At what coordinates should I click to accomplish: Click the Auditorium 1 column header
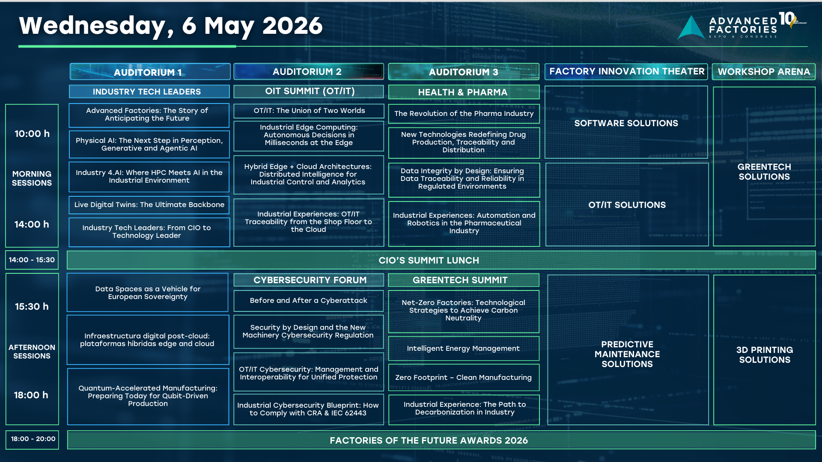point(150,72)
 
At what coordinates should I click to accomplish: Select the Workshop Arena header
point(764,71)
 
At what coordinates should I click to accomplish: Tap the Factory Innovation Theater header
point(626,71)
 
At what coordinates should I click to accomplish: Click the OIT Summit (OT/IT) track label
point(309,91)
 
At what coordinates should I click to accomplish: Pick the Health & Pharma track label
point(464,92)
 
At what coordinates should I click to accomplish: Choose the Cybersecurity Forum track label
point(309,280)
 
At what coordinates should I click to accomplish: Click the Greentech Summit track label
point(464,280)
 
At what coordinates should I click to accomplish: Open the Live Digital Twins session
point(149,205)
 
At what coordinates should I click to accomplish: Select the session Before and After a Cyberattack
point(309,301)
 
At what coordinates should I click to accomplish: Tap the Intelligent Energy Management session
point(464,349)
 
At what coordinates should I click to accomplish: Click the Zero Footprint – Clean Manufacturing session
point(464,378)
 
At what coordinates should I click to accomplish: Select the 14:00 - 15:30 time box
point(32,260)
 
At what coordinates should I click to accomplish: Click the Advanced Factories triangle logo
point(691,28)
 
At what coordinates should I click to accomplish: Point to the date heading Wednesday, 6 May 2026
point(171,26)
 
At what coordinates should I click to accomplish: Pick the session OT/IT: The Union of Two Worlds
point(309,111)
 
